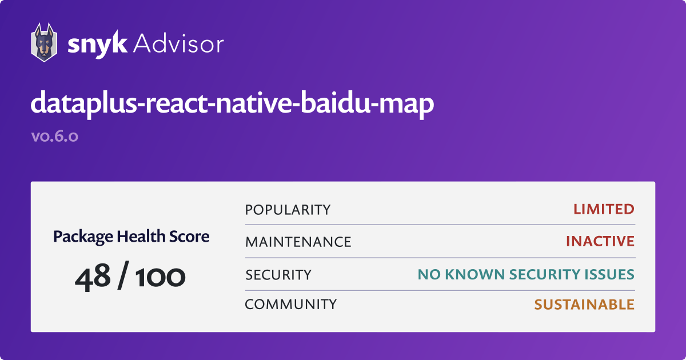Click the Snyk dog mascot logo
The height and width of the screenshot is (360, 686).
(x=44, y=42)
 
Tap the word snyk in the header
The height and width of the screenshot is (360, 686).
(x=97, y=45)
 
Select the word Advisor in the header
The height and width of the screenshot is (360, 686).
(x=179, y=44)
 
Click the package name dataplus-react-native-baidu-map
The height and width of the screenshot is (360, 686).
(x=232, y=104)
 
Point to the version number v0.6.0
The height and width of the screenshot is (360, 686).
(x=55, y=136)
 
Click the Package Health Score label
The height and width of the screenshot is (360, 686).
(x=131, y=237)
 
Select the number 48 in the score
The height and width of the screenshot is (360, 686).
(x=93, y=277)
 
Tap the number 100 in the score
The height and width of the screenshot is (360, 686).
(x=160, y=277)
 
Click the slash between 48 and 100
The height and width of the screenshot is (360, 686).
(x=123, y=275)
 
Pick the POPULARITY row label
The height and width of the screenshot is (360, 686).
(x=288, y=210)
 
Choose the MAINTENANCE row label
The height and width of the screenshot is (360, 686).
(x=298, y=242)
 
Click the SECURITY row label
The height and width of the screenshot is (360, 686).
(x=278, y=275)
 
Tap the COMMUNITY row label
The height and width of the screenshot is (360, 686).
(x=291, y=304)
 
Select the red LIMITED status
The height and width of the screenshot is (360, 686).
(x=604, y=209)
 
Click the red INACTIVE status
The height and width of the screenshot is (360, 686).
(x=600, y=241)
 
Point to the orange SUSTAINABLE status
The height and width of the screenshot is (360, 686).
(x=584, y=305)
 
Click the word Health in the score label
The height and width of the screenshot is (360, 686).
(x=141, y=237)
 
